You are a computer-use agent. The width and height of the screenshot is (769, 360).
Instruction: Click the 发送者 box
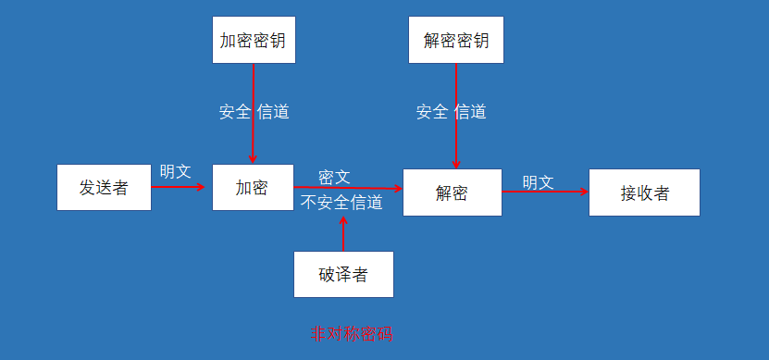[x=104, y=188]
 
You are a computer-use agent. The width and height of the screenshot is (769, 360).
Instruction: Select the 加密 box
[x=253, y=187]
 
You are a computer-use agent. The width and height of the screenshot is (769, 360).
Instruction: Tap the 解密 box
[x=453, y=192]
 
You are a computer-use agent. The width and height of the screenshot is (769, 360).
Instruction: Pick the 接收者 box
[x=644, y=192]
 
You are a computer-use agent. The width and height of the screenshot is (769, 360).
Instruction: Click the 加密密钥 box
[x=253, y=41]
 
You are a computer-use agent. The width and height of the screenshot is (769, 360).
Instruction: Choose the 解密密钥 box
[x=455, y=41]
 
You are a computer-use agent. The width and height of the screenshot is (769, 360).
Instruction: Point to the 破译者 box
[x=343, y=274]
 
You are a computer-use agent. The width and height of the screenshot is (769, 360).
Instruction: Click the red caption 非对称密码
[x=351, y=334]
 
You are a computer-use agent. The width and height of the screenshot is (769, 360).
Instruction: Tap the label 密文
[x=334, y=176]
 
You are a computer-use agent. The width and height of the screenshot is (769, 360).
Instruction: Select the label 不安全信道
[x=342, y=203]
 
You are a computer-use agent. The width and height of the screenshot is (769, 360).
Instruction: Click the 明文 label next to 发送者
[x=175, y=171]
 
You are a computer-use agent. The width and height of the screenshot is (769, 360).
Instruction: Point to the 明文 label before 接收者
[x=538, y=182]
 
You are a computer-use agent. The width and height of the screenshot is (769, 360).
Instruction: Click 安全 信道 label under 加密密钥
[x=254, y=112]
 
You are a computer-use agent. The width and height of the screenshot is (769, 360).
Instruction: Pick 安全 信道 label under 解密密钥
[x=451, y=112]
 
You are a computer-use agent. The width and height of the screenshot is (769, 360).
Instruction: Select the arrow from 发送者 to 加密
[x=178, y=187]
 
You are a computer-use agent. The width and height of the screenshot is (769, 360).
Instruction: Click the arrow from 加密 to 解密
[x=349, y=188]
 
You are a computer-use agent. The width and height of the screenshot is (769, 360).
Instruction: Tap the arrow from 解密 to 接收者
[x=545, y=192]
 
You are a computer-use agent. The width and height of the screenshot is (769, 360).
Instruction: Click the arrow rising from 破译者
[x=343, y=233]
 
